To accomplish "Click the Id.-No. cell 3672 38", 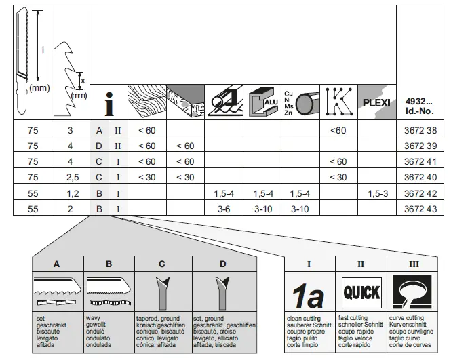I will tap(420, 129).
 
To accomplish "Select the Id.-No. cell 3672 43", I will tap(420, 209).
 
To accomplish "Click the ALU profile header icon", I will tap(263, 101).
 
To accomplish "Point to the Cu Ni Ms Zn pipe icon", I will tap(300, 101).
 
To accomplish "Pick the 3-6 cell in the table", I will tap(223, 209).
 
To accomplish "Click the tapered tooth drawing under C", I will tap(163, 292).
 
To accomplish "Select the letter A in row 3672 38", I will tap(99, 129).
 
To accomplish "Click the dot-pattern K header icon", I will tap(338, 101).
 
